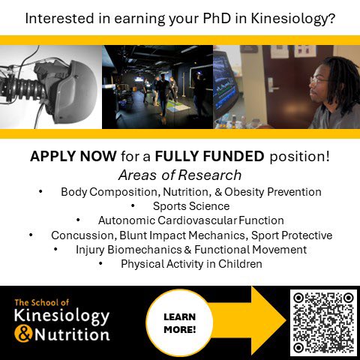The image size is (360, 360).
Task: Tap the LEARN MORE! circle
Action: (179, 322)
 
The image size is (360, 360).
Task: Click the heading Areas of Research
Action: (180, 175)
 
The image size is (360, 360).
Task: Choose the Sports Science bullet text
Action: (191, 206)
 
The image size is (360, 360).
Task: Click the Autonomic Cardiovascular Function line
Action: (191, 220)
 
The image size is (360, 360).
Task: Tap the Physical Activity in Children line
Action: (191, 264)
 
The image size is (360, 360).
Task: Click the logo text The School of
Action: (41, 303)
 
